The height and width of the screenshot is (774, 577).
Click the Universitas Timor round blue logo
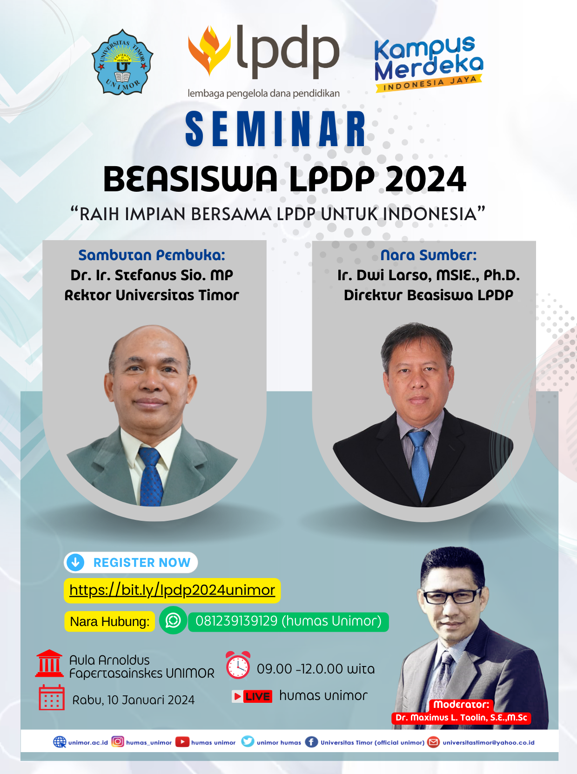122,62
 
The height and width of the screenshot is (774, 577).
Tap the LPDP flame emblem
209,50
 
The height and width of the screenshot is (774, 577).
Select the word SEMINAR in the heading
276,129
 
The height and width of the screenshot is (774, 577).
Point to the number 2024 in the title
425,180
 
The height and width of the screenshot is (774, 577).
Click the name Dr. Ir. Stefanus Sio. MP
152,275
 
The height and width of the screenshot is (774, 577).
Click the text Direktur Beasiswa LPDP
429,295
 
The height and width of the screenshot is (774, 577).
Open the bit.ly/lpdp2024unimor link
172,590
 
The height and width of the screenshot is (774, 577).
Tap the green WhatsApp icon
173,620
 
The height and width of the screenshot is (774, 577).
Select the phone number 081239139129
236,621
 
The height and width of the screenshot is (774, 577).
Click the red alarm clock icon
238,665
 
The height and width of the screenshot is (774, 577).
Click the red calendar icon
51,698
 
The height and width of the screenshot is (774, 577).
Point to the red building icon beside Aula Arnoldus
49,663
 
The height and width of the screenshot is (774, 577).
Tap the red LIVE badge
253,696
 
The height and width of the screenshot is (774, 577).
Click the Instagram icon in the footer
118,742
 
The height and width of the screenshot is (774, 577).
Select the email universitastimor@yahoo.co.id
488,742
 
